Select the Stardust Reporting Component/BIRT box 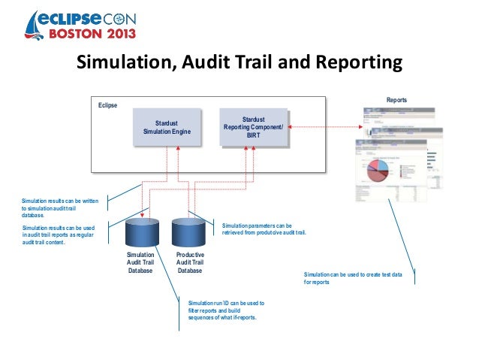(253, 127)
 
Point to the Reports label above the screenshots (396, 99)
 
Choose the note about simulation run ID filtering (225, 310)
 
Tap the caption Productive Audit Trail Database (189, 263)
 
